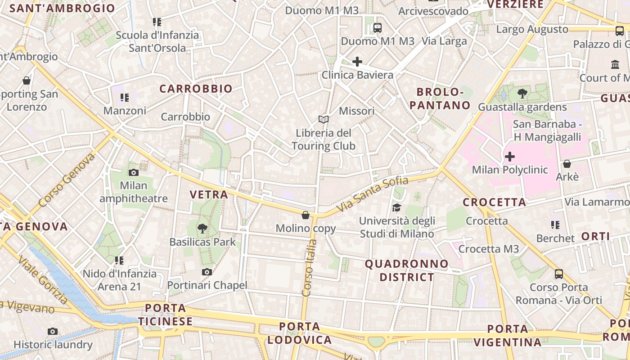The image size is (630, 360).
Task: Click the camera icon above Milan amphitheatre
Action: tap(133, 172)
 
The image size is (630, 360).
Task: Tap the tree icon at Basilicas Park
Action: tap(202, 228)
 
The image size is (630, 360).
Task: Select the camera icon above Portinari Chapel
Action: tap(207, 272)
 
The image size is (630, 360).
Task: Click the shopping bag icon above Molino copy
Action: tap(306, 215)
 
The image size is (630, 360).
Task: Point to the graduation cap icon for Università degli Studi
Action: tap(396, 207)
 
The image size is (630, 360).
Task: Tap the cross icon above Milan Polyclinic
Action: tap(510, 157)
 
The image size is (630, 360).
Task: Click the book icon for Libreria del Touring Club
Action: tap(324, 119)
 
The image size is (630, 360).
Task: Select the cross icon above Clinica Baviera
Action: tap(357, 61)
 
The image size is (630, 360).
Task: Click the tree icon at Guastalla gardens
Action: tap(522, 94)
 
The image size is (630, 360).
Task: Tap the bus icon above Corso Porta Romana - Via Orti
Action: tap(559, 274)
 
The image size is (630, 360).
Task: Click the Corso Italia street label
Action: tap(310, 268)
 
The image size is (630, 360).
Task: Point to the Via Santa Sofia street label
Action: tap(373, 194)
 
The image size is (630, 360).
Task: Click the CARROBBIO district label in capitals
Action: tap(196, 89)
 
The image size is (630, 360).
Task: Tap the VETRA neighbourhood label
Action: tap(209, 194)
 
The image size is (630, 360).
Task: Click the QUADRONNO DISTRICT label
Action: tap(407, 270)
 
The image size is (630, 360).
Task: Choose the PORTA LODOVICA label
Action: tap(300, 333)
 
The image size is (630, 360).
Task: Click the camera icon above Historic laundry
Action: tap(53, 332)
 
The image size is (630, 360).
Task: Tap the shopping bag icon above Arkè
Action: tap(567, 164)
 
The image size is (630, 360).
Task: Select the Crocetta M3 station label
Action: tap(489, 249)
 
